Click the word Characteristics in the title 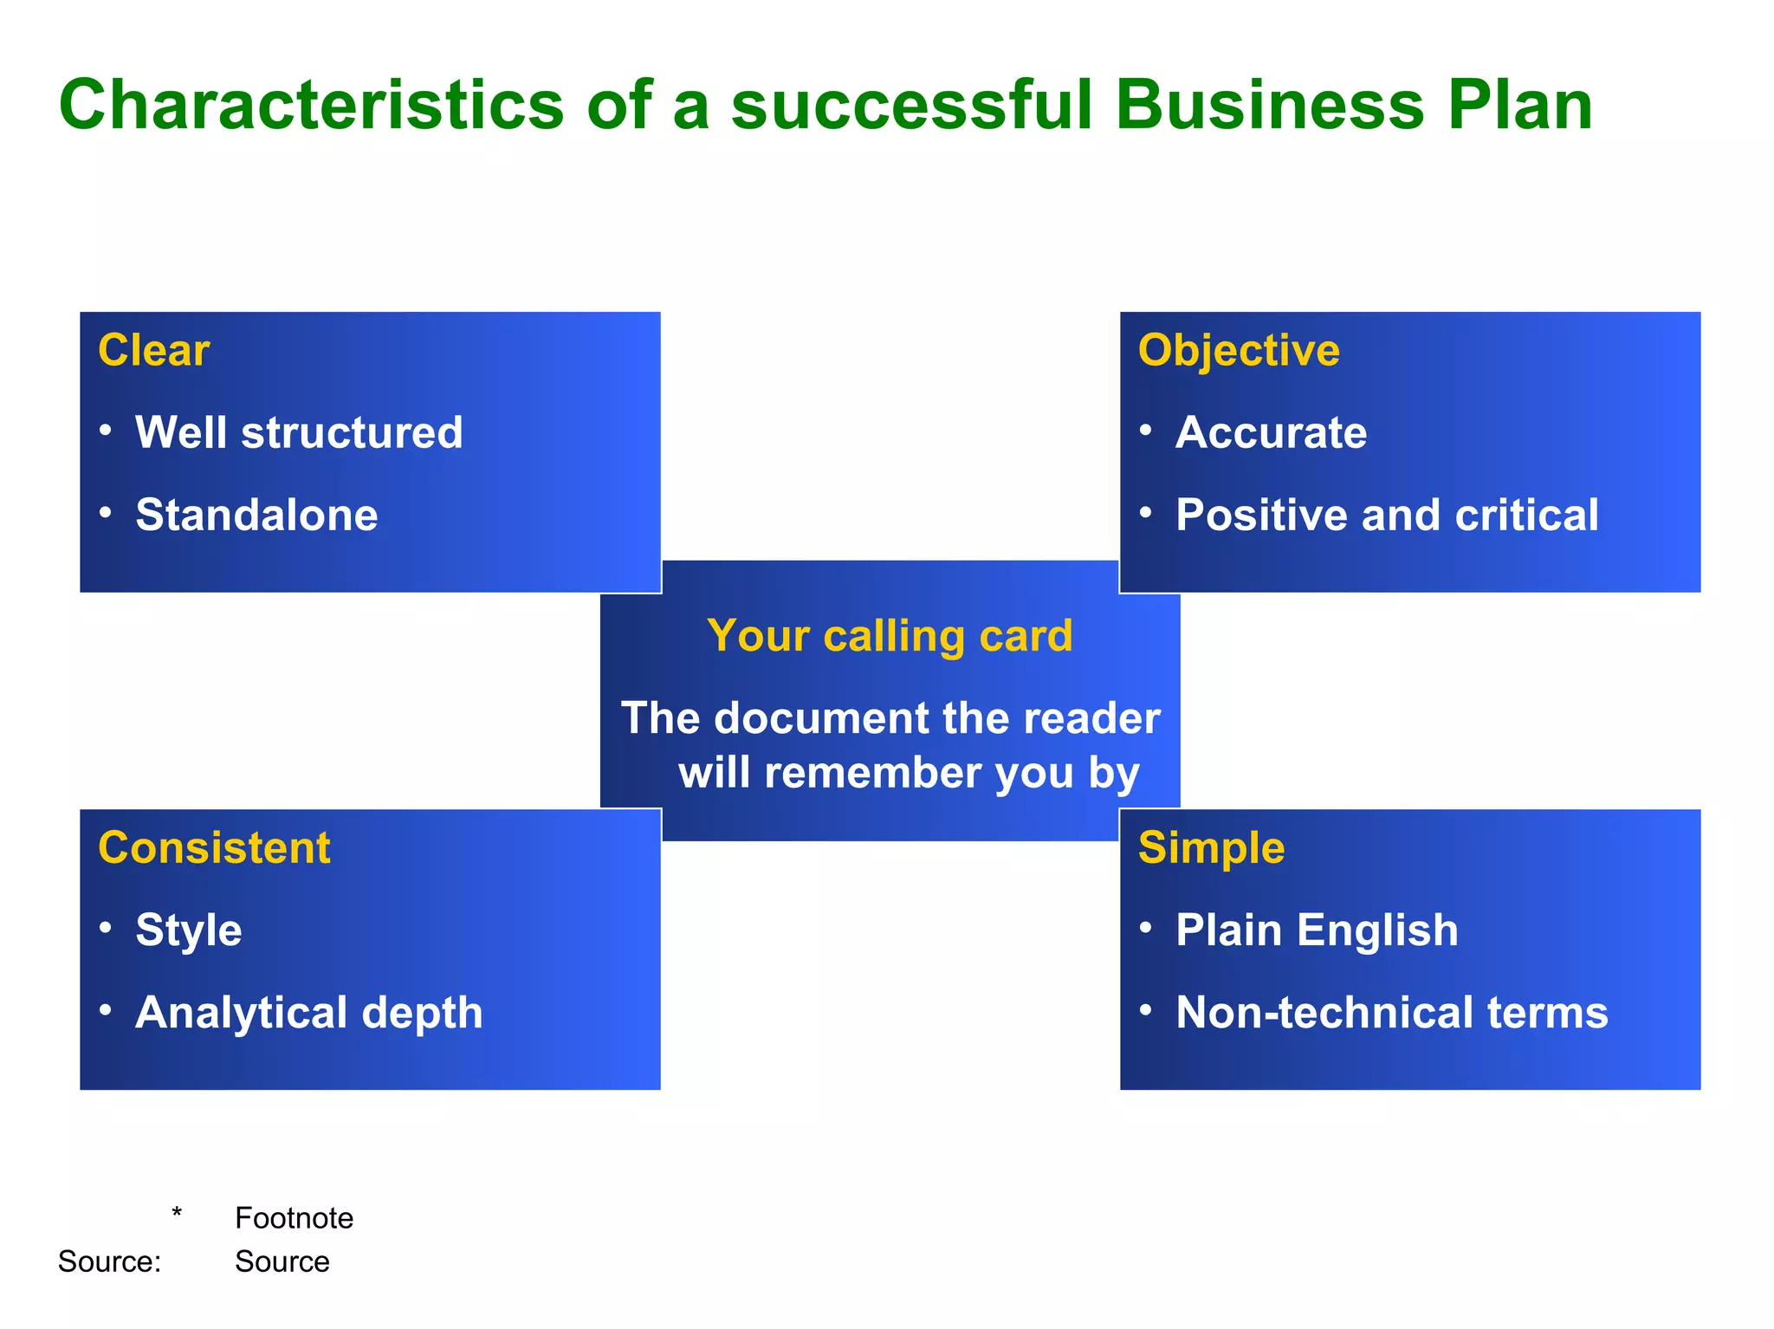(312, 106)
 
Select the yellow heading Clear (153, 351)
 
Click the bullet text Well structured (299, 432)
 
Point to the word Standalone (256, 515)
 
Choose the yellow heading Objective (1239, 351)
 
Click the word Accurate (1271, 432)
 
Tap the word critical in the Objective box (1526, 515)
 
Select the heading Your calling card (890, 636)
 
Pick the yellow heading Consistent (214, 848)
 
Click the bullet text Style (189, 930)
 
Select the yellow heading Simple (1211, 848)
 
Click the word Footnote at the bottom (294, 1218)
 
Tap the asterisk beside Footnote (177, 1213)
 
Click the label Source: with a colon (109, 1261)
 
